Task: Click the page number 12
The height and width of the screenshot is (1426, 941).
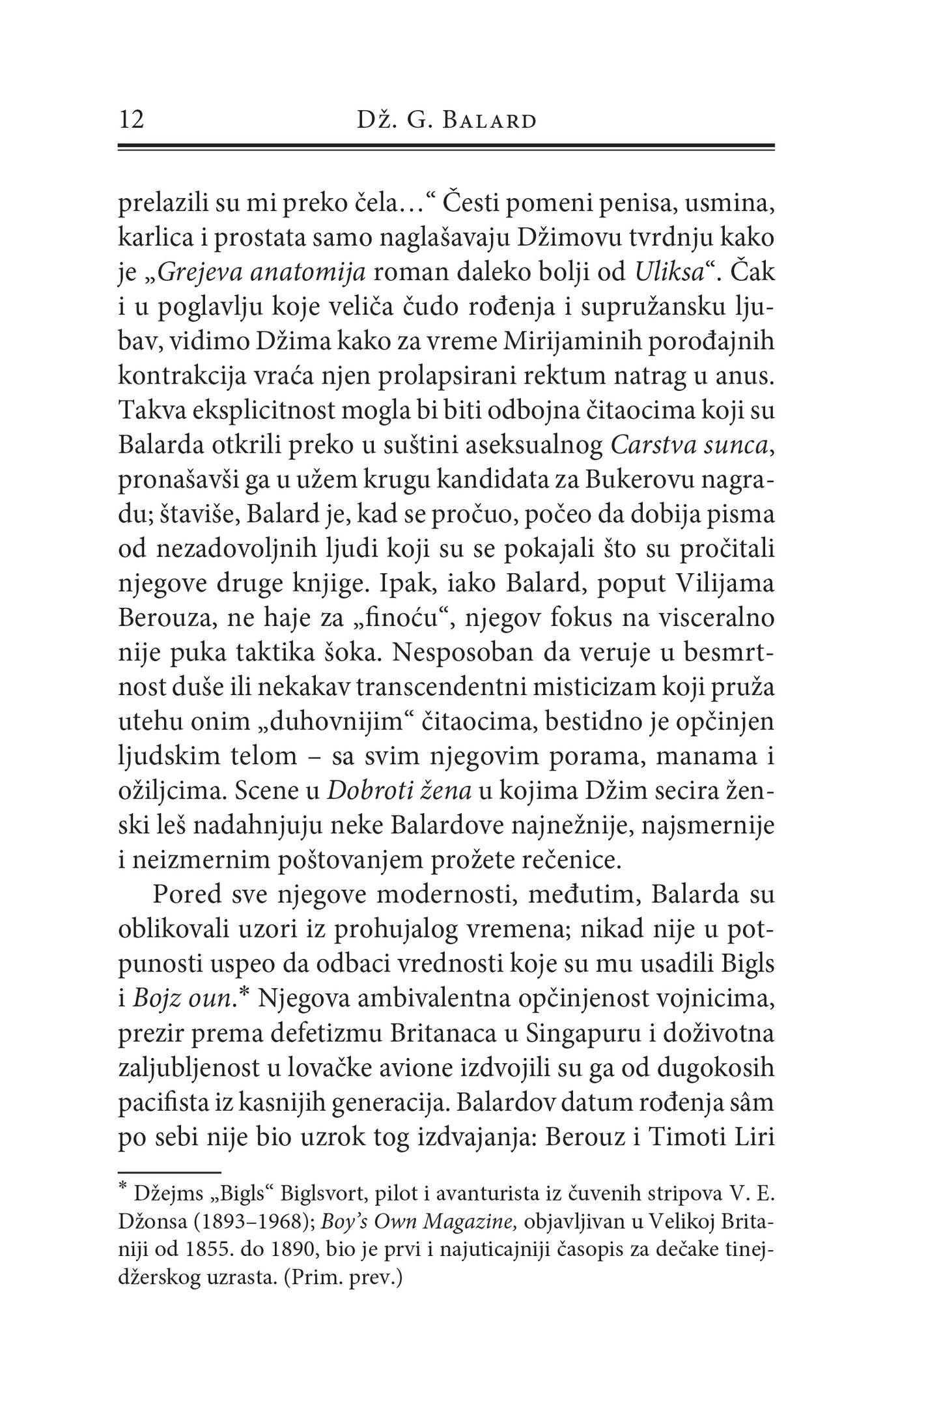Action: pos(132,121)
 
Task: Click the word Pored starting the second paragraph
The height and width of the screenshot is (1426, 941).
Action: pos(188,895)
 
